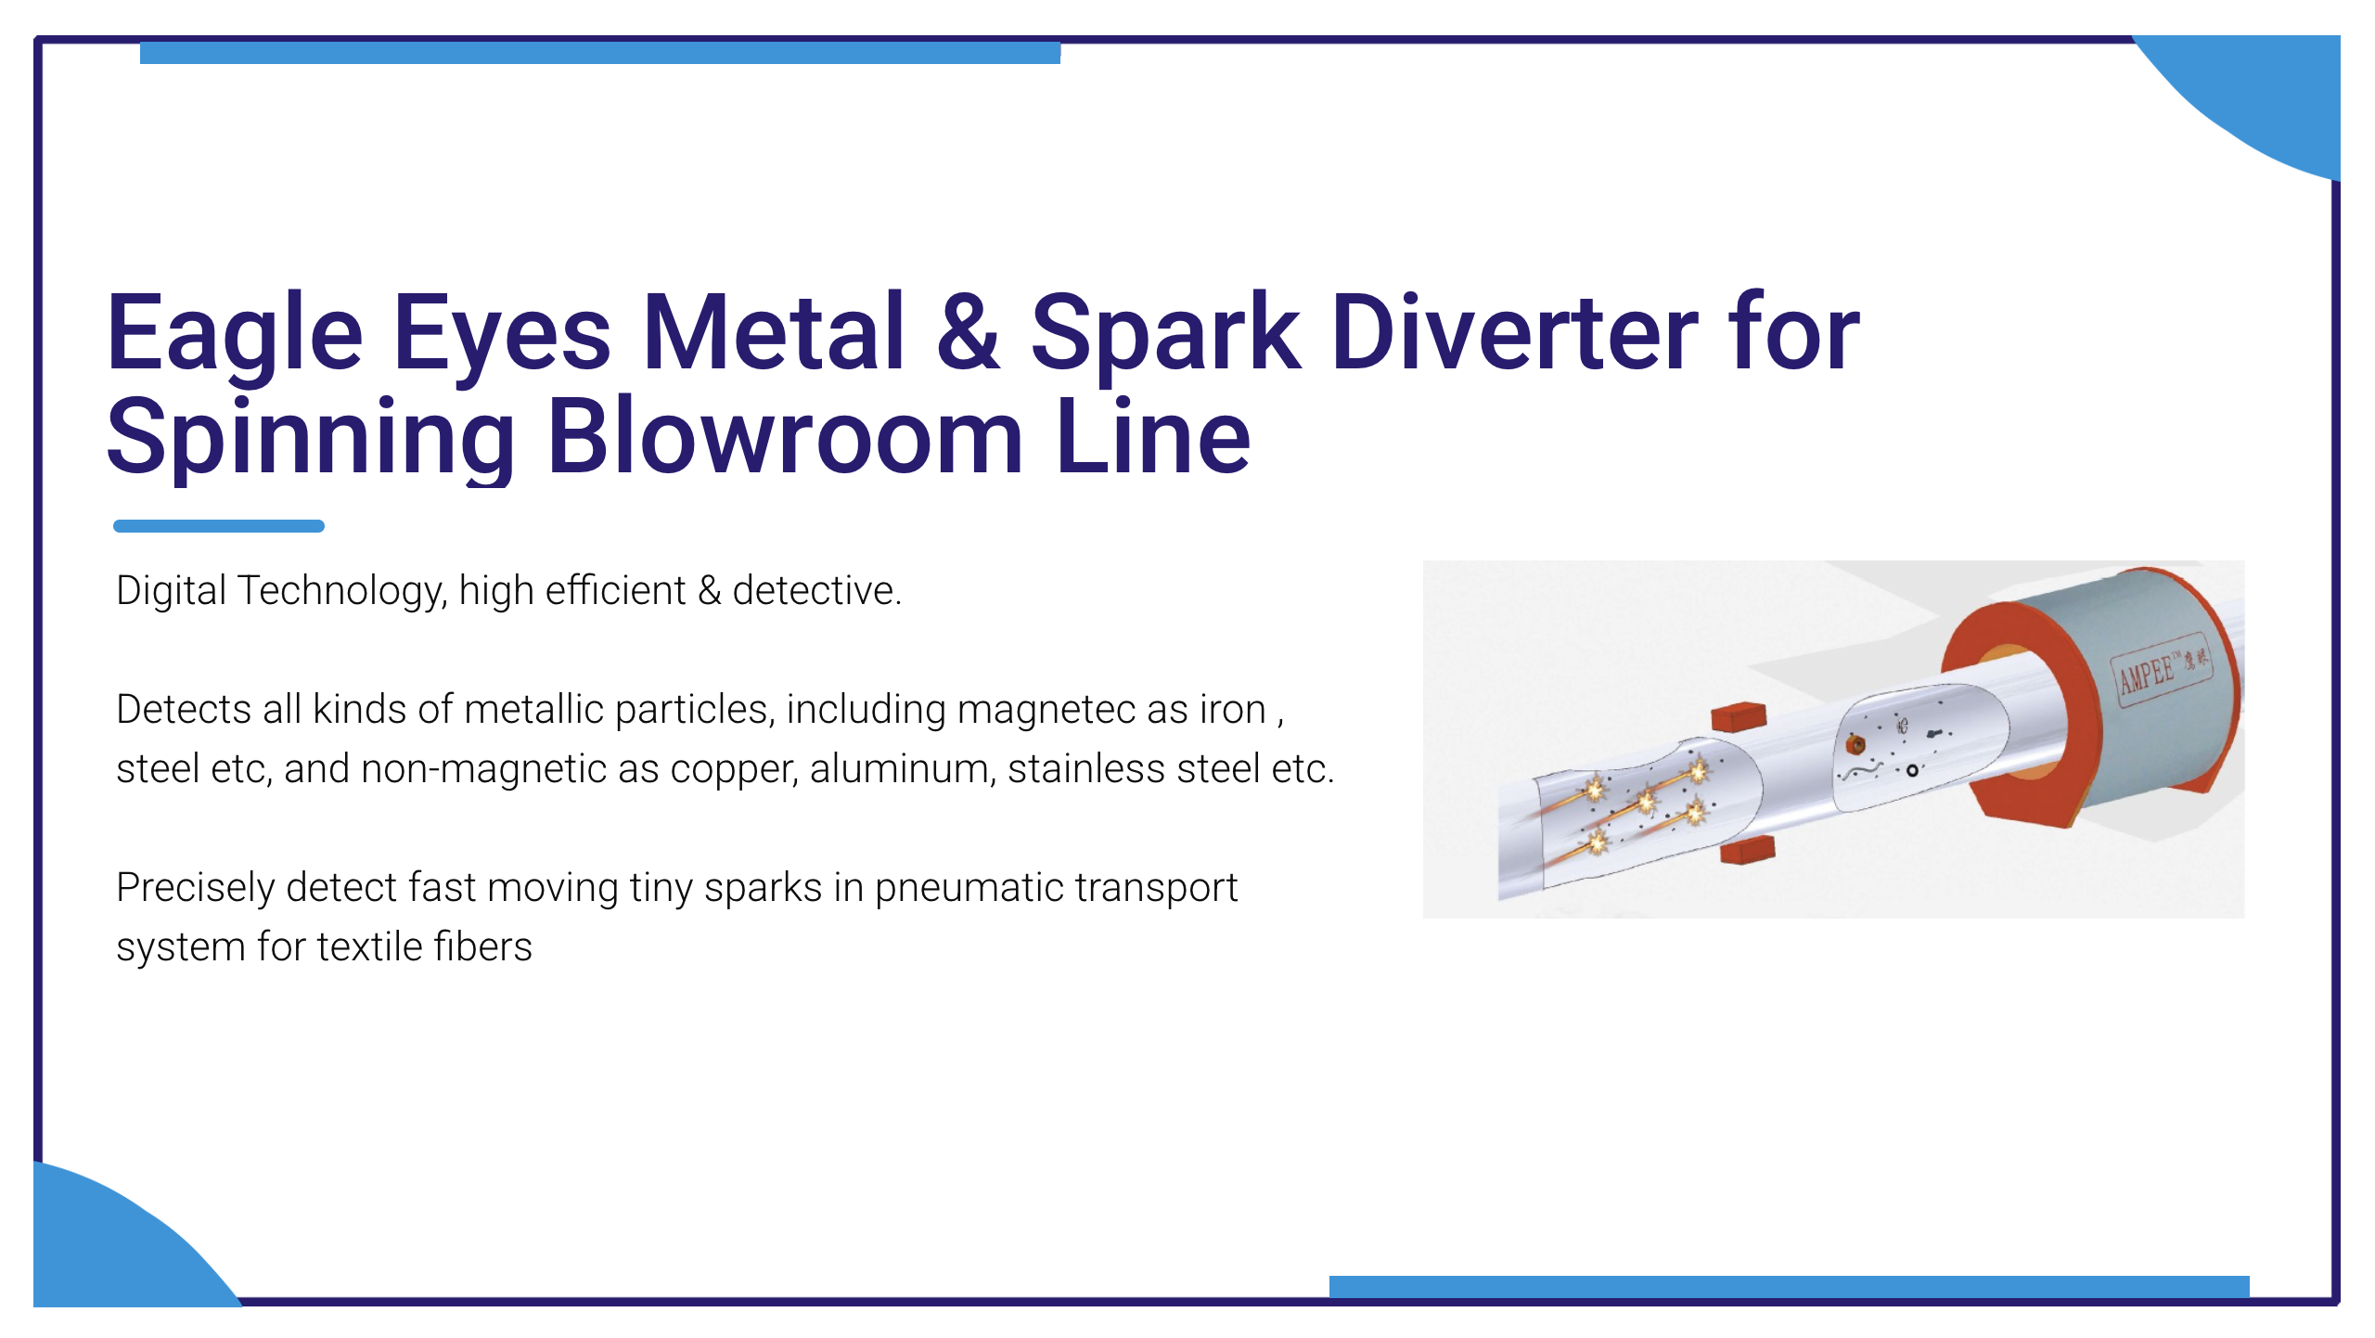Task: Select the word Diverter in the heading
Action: point(1514,332)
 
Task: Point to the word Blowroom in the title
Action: point(785,436)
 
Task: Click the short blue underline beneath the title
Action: point(219,526)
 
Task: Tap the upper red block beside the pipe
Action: point(1739,717)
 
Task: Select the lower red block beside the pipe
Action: point(1747,850)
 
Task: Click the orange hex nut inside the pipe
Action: point(1855,744)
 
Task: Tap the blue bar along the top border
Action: point(600,53)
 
